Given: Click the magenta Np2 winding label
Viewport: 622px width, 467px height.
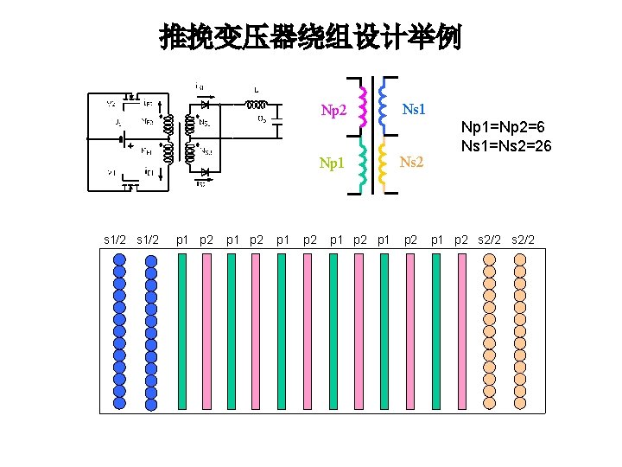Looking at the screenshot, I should click(333, 111).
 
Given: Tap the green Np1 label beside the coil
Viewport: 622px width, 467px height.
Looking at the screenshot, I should click(333, 163).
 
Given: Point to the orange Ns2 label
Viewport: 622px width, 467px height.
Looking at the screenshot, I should click(412, 162).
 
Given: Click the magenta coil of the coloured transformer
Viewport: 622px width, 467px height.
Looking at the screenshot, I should click(363, 105).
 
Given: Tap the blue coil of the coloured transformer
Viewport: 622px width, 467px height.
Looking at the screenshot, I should click(384, 104).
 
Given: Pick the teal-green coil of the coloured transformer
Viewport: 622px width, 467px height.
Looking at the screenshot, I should click(364, 164).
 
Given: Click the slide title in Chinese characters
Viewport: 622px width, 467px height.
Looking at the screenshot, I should click(310, 37).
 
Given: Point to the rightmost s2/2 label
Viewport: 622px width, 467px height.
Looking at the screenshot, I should click(523, 239).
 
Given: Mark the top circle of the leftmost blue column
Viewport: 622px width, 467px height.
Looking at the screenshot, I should click(120, 260).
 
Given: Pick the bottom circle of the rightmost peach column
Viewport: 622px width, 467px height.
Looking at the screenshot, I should click(519, 402).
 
